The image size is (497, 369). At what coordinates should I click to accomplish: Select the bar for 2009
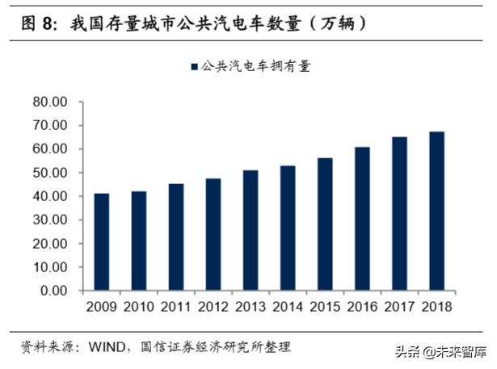pyautogui.click(x=101, y=241)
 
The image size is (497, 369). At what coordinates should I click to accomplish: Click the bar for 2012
pyautogui.click(x=213, y=234)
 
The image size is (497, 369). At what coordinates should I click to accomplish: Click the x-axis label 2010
pyautogui.click(x=139, y=308)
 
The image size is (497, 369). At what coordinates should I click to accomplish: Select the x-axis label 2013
pyautogui.click(x=251, y=308)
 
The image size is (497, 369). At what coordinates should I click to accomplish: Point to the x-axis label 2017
pyautogui.click(x=399, y=308)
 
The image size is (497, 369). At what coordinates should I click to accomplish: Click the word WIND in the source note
pyautogui.click(x=103, y=346)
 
